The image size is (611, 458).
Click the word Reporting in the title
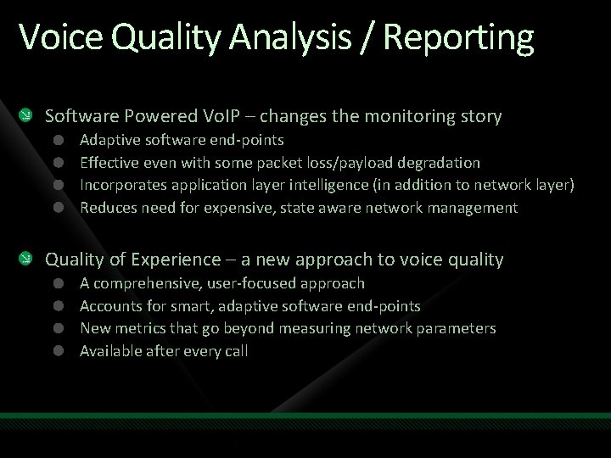[x=458, y=38]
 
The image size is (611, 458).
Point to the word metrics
[x=140, y=328]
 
